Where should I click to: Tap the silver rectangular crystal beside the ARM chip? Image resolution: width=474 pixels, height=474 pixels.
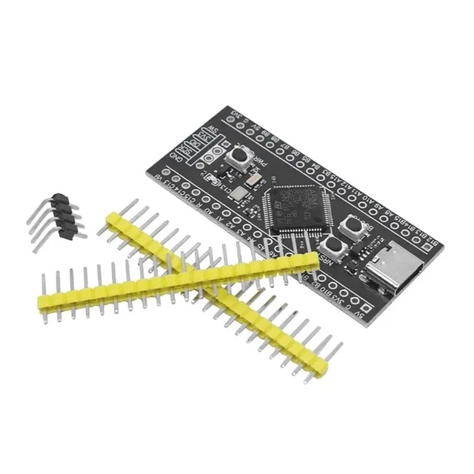254,181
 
